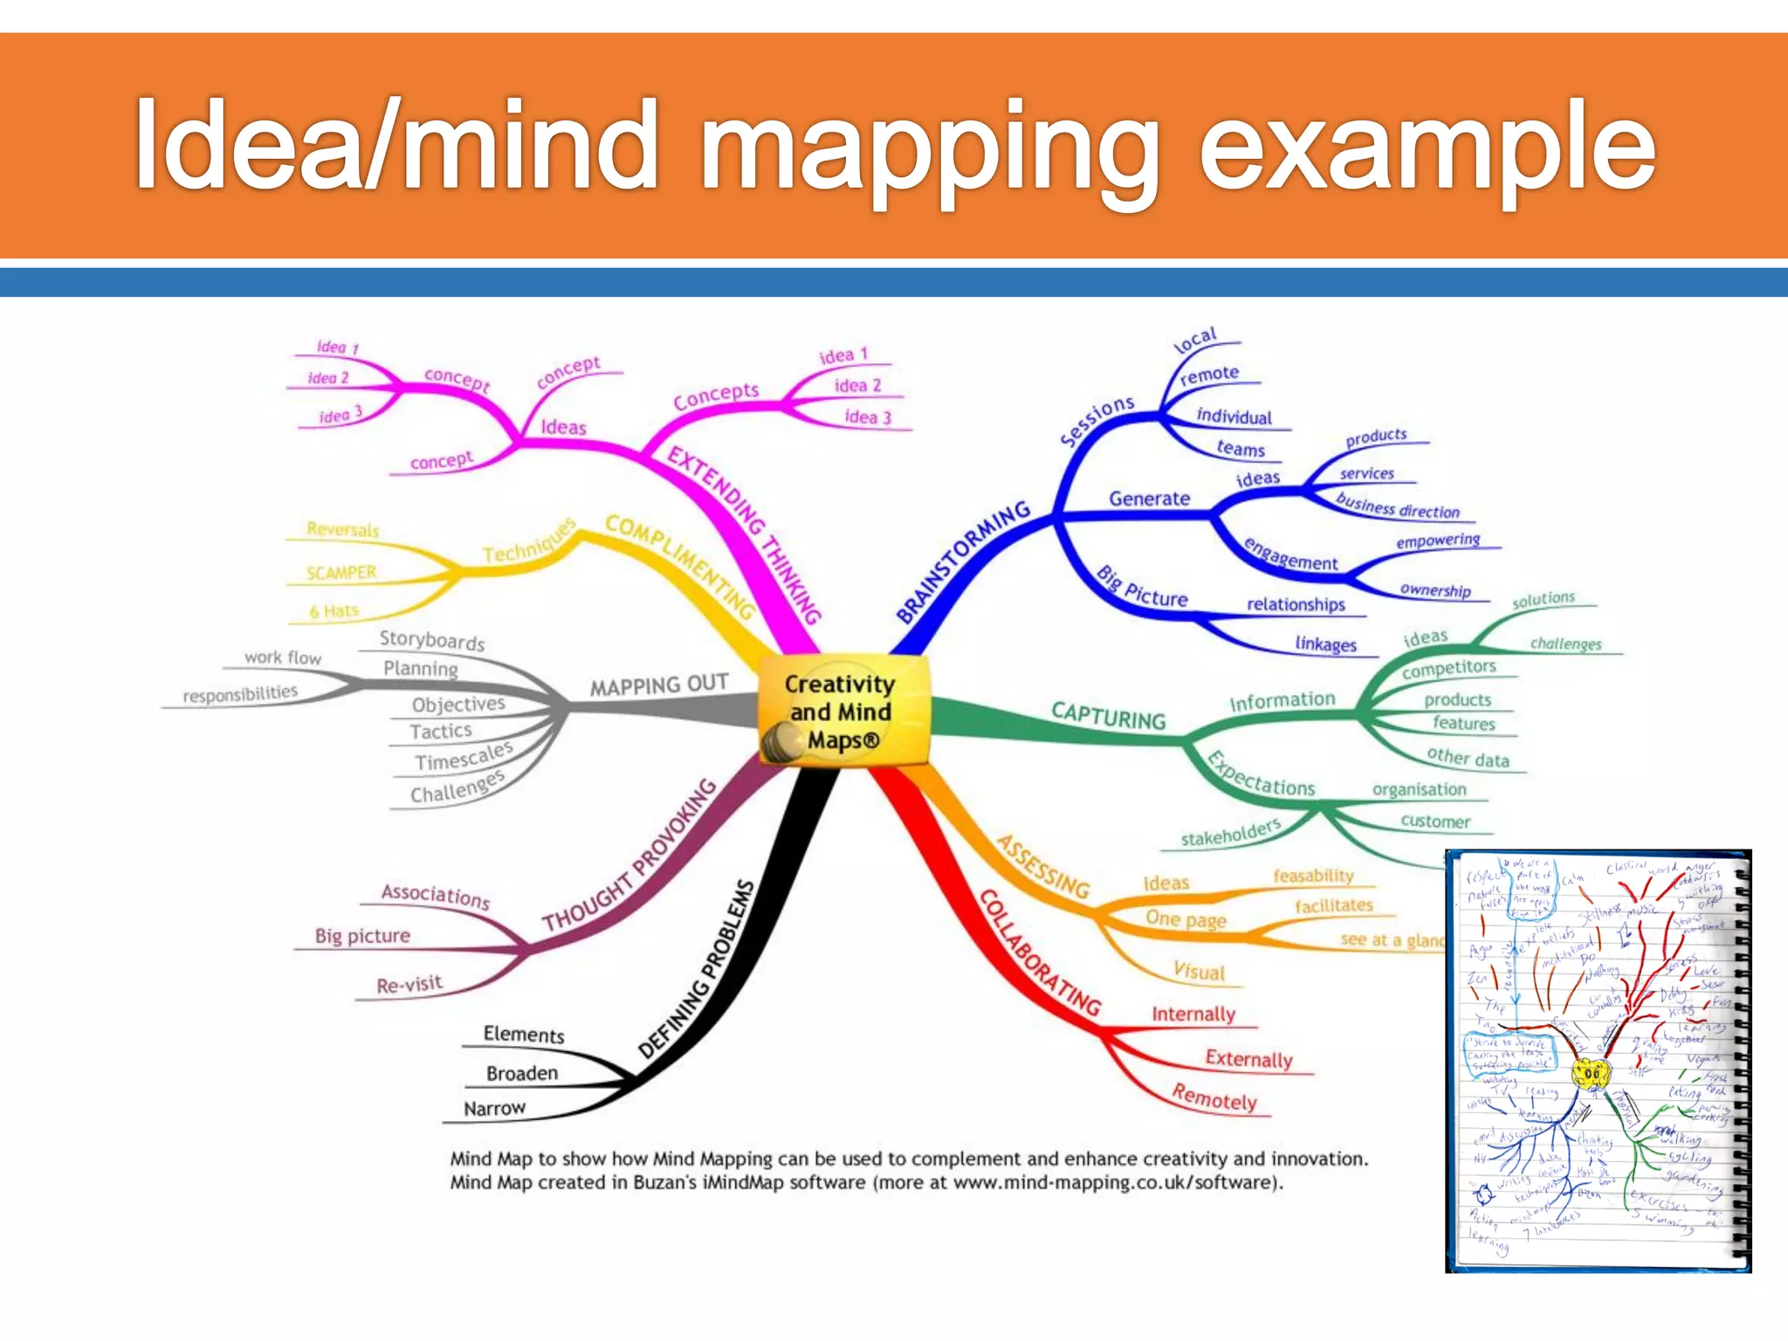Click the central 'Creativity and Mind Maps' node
pos(840,712)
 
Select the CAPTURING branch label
pos(1108,715)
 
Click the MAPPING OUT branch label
pos(659,684)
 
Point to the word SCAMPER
pos(341,573)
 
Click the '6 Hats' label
pos(334,611)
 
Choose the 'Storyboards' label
pos(432,640)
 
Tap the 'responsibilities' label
pos(240,694)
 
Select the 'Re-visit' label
pos(409,984)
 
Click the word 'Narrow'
pos(494,1109)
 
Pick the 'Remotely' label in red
pos(1214,1097)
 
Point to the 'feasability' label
pos(1313,876)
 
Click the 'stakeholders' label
pos(1230,833)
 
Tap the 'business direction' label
pos(1398,506)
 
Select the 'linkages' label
pos(1325,644)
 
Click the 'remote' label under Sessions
pos(1209,375)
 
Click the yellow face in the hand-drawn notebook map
pos(1591,1073)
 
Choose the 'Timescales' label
pos(464,757)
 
